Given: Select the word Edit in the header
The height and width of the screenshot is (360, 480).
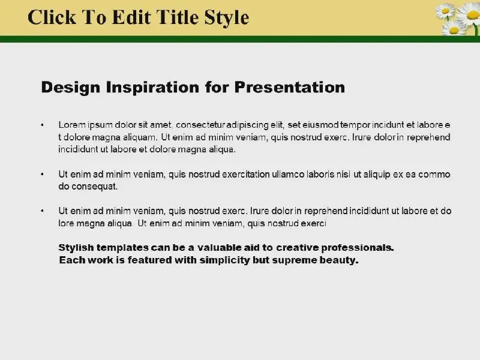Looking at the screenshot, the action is [x=131, y=17].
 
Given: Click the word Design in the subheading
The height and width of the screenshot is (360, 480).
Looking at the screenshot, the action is [x=70, y=88].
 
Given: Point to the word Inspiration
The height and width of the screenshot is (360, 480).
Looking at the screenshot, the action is [x=152, y=88].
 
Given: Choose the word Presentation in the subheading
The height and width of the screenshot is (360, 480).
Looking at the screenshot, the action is [x=290, y=87].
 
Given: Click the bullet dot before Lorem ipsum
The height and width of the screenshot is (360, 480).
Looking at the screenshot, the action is [x=42, y=125].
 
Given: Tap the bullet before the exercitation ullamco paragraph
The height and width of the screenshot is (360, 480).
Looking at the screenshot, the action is [x=42, y=174].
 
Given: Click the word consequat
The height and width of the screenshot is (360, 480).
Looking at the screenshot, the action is [x=94, y=187].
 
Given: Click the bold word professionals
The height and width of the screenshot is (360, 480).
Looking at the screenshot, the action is [x=358, y=248].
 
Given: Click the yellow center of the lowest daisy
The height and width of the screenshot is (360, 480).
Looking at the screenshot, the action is [x=454, y=30].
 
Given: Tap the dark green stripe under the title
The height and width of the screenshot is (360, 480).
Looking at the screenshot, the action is [x=240, y=39].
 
